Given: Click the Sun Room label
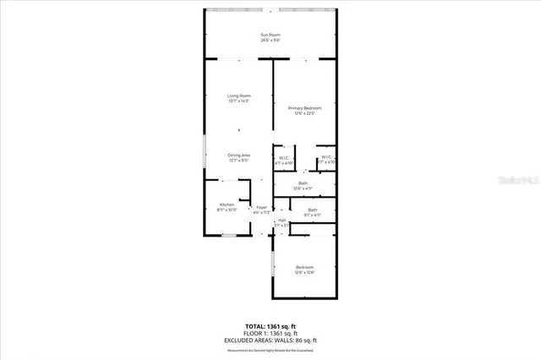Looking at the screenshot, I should click(270, 35).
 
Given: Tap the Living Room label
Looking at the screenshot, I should click(239, 95).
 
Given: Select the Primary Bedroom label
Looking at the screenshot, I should click(304, 108).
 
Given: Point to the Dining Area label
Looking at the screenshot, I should click(239, 155).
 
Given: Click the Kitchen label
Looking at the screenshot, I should click(227, 205).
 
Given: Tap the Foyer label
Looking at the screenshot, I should click(262, 208).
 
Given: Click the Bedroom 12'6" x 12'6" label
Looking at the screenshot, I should click(304, 268).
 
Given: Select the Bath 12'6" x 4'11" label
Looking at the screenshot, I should click(303, 183).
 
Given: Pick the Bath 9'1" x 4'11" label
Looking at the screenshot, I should click(313, 210).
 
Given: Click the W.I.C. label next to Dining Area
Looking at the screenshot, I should click(285, 157).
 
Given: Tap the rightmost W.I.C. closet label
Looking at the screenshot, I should click(326, 157).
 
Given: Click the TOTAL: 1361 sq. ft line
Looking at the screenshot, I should click(270, 325).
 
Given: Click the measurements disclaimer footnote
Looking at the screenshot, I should click(270, 349).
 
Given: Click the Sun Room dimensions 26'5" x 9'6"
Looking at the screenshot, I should click(270, 41).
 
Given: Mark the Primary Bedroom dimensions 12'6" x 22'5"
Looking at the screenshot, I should click(304, 114).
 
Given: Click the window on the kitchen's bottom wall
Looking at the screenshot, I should click(228, 236).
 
